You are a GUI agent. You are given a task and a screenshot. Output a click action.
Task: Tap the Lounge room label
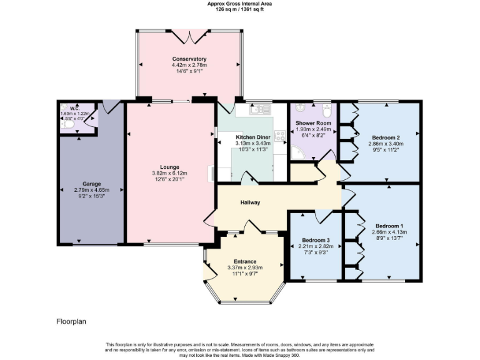coord(170,167)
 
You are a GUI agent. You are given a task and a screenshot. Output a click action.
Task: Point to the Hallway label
coord(250,202)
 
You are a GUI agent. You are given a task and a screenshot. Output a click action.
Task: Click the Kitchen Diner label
coord(253,137)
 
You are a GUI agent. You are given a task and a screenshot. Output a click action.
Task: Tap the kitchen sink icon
coord(259,111)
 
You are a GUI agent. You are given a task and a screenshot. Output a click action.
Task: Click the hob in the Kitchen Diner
coord(279,136)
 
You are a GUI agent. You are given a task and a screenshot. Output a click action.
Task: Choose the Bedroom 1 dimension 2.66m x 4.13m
coord(389,232)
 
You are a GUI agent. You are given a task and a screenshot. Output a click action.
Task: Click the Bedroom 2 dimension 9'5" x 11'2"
coord(385,150)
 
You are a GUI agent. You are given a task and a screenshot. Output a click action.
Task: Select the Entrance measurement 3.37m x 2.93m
coord(245,267)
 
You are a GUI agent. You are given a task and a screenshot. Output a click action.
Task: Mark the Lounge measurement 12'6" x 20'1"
coord(170,179)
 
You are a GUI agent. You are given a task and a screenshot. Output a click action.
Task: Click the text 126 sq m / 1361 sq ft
coord(239,9)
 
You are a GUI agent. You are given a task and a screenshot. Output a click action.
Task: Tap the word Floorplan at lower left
coord(71,322)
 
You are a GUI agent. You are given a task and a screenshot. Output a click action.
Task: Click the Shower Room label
coord(313,123)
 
